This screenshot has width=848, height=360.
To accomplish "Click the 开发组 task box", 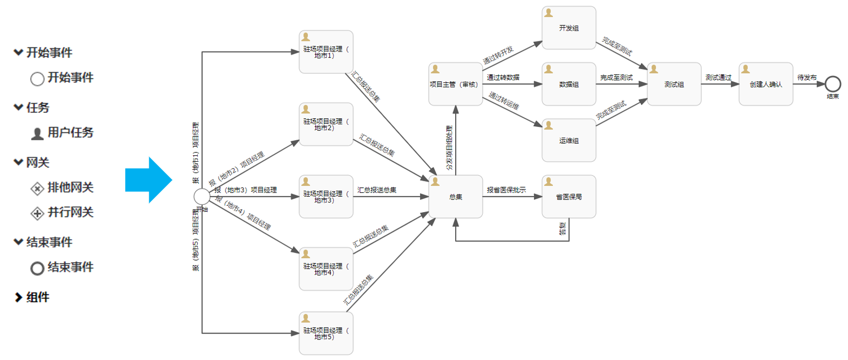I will [x=568, y=28].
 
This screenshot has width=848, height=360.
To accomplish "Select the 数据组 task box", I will [x=568, y=84].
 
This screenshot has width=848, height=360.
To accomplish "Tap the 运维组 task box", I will [x=568, y=140].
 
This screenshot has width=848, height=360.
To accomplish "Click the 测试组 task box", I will [x=674, y=84].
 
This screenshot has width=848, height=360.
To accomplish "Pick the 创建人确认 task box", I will [x=766, y=84].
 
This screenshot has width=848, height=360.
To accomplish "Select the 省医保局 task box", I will [x=568, y=197].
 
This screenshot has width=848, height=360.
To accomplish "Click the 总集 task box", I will [x=455, y=197].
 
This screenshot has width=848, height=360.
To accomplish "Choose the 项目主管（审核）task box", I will [x=455, y=84].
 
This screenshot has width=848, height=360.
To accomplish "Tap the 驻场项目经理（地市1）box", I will [x=326, y=52].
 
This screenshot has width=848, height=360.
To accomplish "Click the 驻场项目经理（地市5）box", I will [x=326, y=334].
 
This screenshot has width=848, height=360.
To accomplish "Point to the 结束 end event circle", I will [x=833, y=84].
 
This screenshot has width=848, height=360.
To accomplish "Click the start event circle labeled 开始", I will [x=202, y=197].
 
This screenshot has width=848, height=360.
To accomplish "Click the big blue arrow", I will [x=149, y=180].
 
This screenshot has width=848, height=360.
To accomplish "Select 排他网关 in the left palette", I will [x=70, y=187].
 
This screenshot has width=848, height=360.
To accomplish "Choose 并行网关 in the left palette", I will [x=70, y=212].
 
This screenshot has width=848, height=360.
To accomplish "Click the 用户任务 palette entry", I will [x=70, y=132].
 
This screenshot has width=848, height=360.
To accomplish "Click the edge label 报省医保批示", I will [x=506, y=190].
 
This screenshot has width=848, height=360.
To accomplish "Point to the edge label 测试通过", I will [x=718, y=77].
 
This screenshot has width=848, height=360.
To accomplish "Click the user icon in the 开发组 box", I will [x=549, y=13].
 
